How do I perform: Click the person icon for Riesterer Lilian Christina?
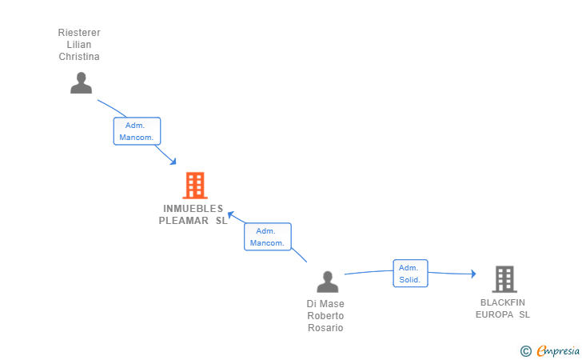(81, 82)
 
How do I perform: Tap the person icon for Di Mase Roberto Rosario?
(327, 282)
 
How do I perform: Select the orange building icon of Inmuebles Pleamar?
(194, 186)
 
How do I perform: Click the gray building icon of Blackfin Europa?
(504, 279)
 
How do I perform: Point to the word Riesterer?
(79, 33)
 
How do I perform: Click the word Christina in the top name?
(79, 57)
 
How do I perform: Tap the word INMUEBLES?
(193, 209)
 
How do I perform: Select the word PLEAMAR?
(184, 221)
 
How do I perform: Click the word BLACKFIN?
(503, 302)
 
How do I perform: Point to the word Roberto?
(325, 316)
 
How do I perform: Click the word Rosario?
(325, 328)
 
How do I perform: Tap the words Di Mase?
(325, 304)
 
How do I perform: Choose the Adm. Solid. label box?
(410, 274)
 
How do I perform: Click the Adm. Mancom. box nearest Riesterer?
(137, 131)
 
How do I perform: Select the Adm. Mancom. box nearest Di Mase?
(267, 237)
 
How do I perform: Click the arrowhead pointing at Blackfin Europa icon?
(472, 274)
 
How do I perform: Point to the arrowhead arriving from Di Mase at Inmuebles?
(231, 214)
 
